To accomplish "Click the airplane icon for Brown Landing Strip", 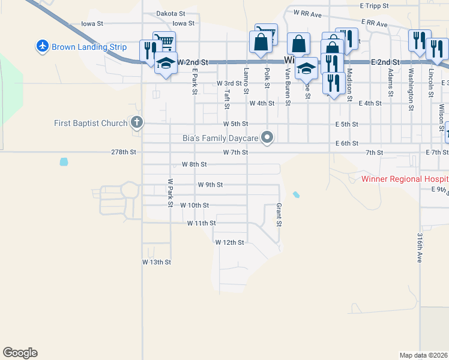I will [42, 46].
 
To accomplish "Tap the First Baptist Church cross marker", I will [137, 123].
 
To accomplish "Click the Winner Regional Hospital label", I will [405, 179].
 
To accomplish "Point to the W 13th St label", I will [157, 262].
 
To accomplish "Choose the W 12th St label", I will [230, 242].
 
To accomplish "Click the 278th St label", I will [124, 152].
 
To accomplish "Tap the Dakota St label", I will [168, 13].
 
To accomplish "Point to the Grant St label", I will [279, 215].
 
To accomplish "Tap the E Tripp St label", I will [375, 5].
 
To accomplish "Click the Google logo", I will [20, 353].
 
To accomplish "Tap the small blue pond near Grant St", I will [295, 194].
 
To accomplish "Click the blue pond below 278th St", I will [64, 161].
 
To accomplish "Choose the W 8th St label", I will [194, 164].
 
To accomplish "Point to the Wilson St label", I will [441, 118].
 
